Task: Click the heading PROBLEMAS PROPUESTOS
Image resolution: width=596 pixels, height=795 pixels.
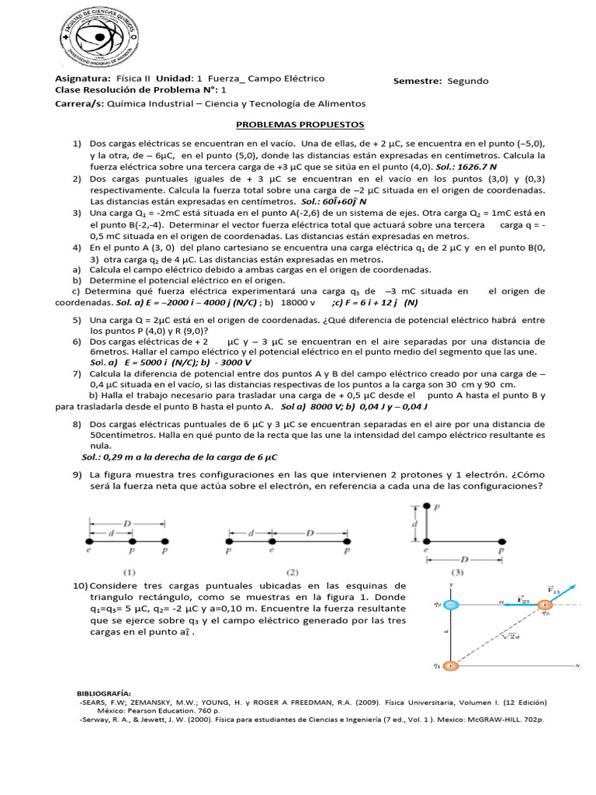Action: [x=300, y=124]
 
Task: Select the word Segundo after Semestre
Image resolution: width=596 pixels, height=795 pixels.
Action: [x=468, y=81]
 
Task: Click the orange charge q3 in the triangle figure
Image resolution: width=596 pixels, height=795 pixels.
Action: [x=546, y=604]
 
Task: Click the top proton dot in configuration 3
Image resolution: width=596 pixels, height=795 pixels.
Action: [x=427, y=506]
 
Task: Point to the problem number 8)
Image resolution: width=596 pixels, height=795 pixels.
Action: [x=78, y=424]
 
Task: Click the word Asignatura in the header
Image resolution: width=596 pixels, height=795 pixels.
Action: [x=83, y=79]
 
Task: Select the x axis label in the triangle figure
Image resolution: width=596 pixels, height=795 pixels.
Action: [x=577, y=665]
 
